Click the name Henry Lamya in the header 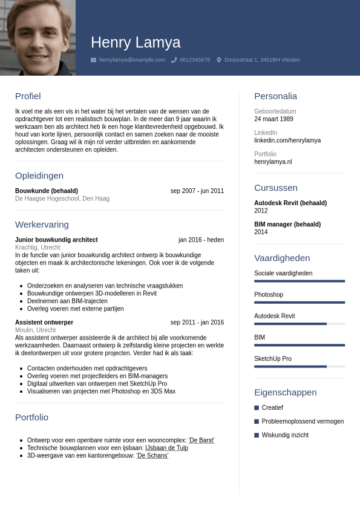click(x=136, y=42)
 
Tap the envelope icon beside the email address click(x=93, y=60)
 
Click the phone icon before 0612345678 click(x=174, y=60)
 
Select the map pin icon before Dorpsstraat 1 click(x=219, y=60)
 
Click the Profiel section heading click(x=28, y=96)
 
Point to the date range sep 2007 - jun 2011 click(x=197, y=191)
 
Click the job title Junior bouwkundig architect click(x=56, y=240)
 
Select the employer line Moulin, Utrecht click(x=35, y=330)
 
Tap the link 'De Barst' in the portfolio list click(x=201, y=440)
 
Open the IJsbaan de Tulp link click(x=166, y=448)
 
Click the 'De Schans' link click(x=152, y=455)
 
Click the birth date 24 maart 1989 click(x=273, y=119)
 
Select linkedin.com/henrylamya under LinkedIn click(x=287, y=140)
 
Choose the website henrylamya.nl click(x=273, y=162)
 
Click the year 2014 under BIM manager click(x=261, y=232)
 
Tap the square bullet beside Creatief click(x=257, y=408)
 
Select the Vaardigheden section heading click(x=282, y=258)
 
